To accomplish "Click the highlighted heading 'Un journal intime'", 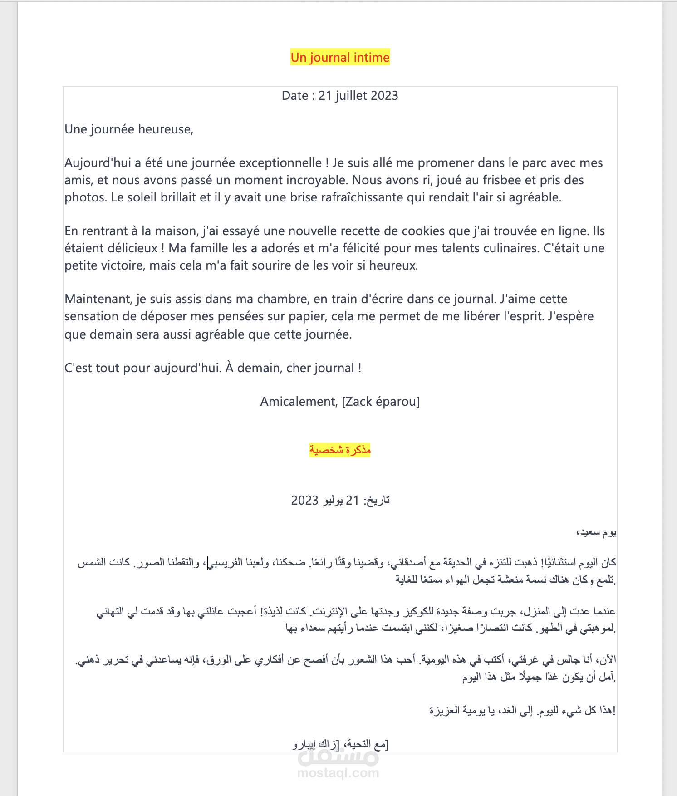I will point(340,58).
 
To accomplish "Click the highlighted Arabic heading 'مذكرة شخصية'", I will point(340,450).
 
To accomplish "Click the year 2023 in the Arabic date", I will point(304,501).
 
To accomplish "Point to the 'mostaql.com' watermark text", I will point(338,773).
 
